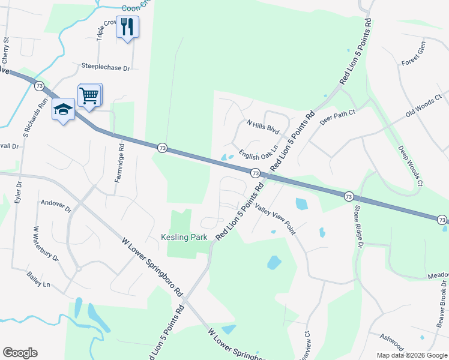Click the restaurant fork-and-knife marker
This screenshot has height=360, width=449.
127,27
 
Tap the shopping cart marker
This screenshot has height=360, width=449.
89,95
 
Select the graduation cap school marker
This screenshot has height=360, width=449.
63,110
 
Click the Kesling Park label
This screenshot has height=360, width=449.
184,238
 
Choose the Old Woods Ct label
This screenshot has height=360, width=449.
423,105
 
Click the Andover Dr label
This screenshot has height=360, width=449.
56,206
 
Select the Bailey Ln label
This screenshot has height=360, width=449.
38,279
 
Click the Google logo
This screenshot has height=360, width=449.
20,353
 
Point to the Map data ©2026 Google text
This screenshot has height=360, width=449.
412,355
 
